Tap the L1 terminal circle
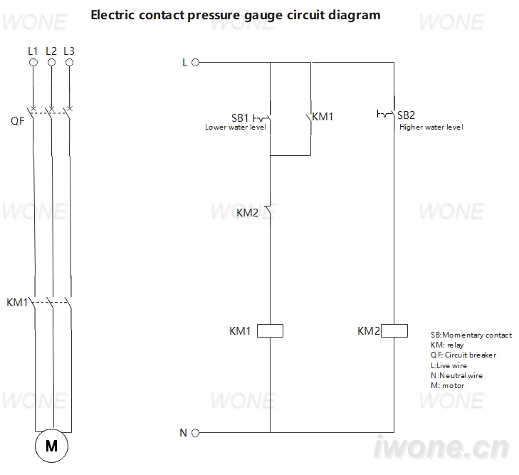(x=33, y=62)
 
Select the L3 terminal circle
(x=69, y=62)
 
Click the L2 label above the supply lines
(x=51, y=51)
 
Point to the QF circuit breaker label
(x=18, y=121)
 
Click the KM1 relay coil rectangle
(x=270, y=330)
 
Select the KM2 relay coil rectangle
(x=394, y=330)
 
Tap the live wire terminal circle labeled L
(x=196, y=62)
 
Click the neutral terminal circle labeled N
(x=196, y=433)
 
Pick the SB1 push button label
(x=240, y=118)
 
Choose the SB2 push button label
(x=406, y=115)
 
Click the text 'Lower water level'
(x=236, y=127)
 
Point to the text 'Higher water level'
(x=431, y=127)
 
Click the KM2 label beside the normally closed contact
(x=247, y=212)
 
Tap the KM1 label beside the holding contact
(x=323, y=117)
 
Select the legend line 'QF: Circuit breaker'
(x=463, y=355)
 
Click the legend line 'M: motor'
(x=448, y=386)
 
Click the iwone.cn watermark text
(x=441, y=447)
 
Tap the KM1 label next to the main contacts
(x=17, y=302)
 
